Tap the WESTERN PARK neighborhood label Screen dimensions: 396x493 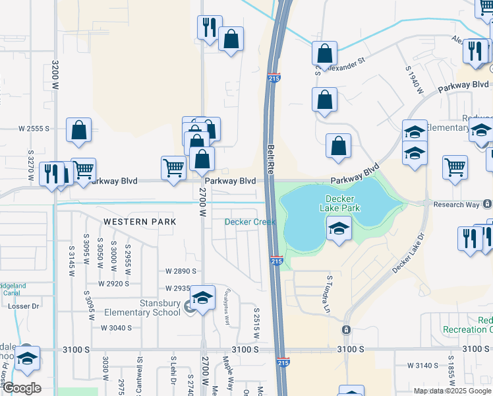coord(140,222)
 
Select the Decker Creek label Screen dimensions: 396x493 coord(250,222)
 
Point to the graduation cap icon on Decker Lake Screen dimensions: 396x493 coord(339,229)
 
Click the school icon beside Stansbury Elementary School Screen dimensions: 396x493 coord(204,298)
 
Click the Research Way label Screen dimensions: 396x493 coord(456,205)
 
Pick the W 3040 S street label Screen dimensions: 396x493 coord(117,328)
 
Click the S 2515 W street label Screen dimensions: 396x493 coord(256,323)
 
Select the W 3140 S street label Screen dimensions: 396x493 coord(423,365)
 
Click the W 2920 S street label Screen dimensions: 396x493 coord(115,284)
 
